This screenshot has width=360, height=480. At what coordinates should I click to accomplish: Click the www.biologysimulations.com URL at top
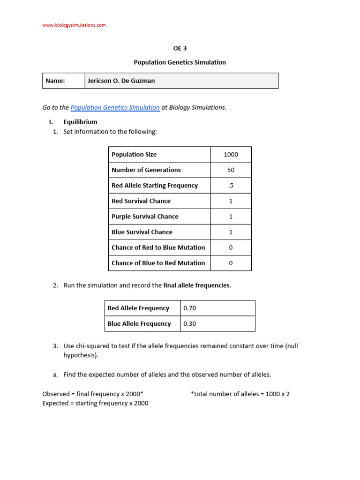74,25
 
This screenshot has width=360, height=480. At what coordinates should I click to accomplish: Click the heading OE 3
180,48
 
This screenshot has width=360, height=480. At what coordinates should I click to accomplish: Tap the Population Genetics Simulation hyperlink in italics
115,107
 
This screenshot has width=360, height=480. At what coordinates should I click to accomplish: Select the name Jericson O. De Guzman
121,81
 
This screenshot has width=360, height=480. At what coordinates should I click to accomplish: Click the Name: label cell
55,81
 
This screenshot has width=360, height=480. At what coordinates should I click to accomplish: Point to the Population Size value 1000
231,155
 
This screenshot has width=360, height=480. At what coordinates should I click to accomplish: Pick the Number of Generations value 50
231,170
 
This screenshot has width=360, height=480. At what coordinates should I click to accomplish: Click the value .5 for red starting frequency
231,186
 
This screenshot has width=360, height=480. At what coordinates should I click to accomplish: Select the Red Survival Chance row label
141,201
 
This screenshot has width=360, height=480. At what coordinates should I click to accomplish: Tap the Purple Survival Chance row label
145,217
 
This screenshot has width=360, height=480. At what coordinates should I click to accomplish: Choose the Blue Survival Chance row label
142,232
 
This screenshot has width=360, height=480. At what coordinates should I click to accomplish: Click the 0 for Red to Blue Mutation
231,247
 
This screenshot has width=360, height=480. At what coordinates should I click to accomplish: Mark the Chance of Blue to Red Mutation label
158,263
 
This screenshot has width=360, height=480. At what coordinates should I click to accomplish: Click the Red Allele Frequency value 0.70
190,308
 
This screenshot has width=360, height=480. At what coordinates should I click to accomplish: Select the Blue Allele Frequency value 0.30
190,324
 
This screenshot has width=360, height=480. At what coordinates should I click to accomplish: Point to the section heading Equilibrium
80,122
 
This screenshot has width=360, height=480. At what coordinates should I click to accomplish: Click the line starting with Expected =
95,403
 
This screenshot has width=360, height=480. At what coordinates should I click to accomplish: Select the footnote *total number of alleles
240,394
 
